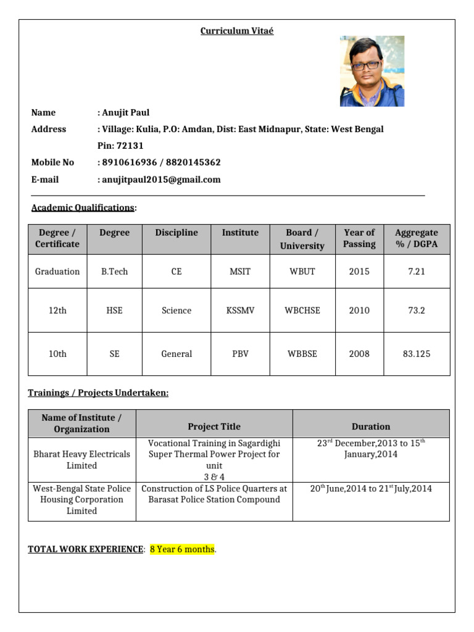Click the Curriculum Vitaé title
click(x=236, y=31)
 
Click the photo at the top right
click(x=372, y=71)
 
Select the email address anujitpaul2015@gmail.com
click(x=160, y=180)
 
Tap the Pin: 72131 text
click(x=121, y=146)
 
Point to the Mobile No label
click(x=52, y=162)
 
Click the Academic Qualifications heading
click(x=82, y=207)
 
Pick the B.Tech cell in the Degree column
click(x=114, y=272)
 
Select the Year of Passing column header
click(x=359, y=238)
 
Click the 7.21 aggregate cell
click(x=417, y=272)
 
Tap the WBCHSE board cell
click(x=302, y=310)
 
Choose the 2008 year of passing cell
click(x=359, y=354)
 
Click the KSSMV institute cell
click(x=240, y=310)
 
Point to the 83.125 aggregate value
click(x=417, y=354)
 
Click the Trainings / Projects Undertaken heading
click(x=98, y=393)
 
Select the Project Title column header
click(x=214, y=426)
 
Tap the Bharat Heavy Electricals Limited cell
click(x=81, y=460)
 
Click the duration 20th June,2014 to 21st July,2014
click(x=370, y=489)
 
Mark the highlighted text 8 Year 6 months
click(x=182, y=549)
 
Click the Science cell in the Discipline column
click(x=177, y=310)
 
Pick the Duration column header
click(x=370, y=426)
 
